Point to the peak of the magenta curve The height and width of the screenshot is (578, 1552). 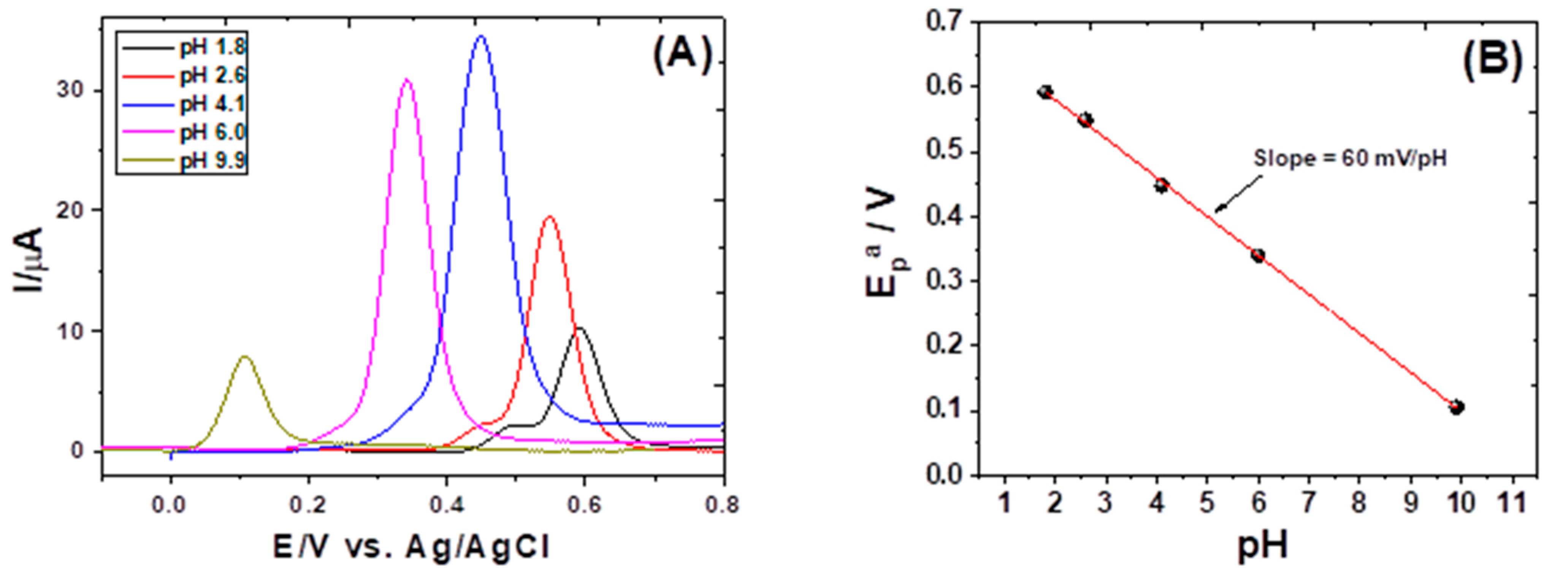point(407,80)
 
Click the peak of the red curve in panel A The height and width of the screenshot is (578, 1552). point(549,217)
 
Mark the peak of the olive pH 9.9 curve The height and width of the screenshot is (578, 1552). point(245,357)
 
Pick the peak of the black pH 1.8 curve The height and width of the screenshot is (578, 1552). point(579,328)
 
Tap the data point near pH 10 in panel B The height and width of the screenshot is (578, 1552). point(1456,407)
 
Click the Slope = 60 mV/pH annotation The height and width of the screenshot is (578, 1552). point(1349,158)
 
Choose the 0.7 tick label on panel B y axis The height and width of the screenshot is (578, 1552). point(946,23)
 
